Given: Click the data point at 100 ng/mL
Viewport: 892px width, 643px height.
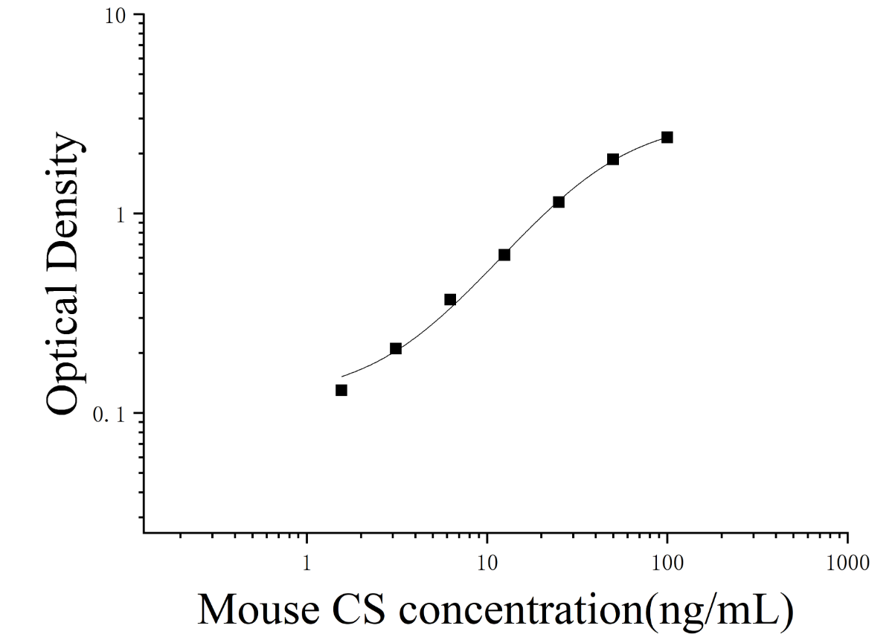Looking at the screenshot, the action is (x=667, y=137).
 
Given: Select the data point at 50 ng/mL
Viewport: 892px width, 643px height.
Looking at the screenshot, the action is (x=613, y=159).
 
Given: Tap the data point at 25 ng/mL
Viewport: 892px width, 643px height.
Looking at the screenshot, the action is (x=559, y=202).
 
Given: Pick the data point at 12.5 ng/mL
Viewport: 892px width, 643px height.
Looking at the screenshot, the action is (x=504, y=255).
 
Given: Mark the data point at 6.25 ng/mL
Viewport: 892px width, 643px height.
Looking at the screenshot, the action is (x=450, y=299).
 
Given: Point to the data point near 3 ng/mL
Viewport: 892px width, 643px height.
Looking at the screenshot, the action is (x=396, y=348).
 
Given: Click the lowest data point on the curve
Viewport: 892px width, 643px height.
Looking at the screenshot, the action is (x=341, y=391).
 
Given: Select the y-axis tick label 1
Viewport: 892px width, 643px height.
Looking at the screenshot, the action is (x=120, y=215).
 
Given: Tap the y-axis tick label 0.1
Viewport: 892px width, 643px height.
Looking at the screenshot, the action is (x=109, y=415).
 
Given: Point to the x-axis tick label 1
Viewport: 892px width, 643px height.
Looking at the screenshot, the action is (x=307, y=563).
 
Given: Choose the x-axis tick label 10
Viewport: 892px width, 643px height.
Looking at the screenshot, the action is (x=487, y=563).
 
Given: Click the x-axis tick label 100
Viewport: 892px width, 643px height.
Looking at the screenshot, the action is (x=667, y=563).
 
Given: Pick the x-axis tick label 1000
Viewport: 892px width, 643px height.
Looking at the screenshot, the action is (x=847, y=563).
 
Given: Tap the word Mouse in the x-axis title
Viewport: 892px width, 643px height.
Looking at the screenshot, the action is (x=258, y=609).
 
